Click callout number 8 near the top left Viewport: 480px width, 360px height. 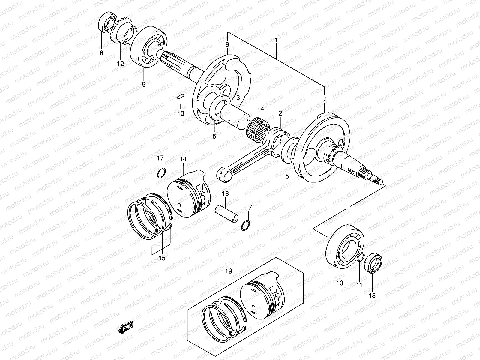point(101,53)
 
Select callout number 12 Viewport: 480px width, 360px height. point(120,64)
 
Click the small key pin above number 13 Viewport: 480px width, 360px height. point(180,97)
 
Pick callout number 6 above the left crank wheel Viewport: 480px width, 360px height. point(227,44)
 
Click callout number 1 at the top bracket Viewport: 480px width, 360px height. point(276,40)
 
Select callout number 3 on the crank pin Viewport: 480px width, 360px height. point(238,97)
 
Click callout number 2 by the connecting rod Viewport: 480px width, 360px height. point(280,113)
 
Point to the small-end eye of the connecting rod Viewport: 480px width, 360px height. point(223,175)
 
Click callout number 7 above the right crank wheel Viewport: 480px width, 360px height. point(325,99)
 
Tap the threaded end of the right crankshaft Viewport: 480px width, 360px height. point(376,180)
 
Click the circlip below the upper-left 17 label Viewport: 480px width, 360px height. point(161,173)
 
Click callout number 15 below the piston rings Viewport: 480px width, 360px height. point(162,258)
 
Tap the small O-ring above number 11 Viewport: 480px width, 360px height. point(361,257)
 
